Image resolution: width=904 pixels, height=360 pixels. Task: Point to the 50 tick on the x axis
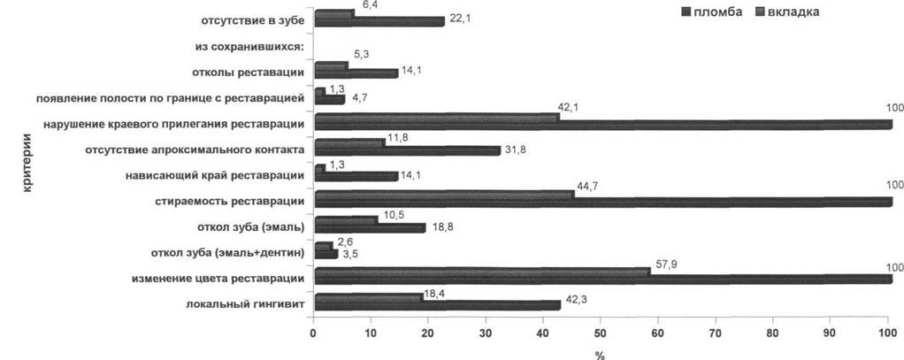click(x=600, y=333)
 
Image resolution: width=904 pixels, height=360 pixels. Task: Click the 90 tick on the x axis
click(x=830, y=333)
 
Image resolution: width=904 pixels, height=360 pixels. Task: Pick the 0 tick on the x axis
click(x=313, y=333)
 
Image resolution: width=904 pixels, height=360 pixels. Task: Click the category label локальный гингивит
click(x=245, y=304)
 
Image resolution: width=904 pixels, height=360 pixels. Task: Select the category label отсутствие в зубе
click(x=252, y=22)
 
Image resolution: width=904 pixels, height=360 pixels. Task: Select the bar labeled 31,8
click(x=408, y=150)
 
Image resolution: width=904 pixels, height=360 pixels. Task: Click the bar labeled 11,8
click(x=350, y=142)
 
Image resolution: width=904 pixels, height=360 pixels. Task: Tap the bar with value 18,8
click(x=370, y=228)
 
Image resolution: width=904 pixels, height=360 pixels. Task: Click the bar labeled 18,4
click(x=368, y=296)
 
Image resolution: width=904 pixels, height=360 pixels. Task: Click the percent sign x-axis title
click(x=600, y=353)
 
